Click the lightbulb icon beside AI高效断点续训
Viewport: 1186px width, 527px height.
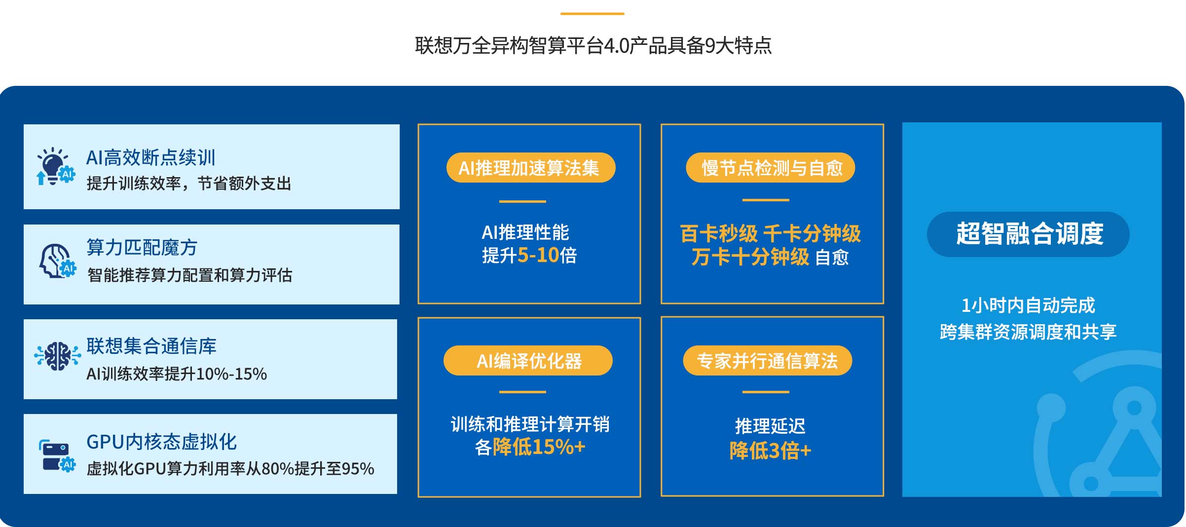click(56, 166)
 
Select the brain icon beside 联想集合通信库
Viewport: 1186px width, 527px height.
click(57, 356)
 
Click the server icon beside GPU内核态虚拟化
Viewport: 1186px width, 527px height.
click(57, 455)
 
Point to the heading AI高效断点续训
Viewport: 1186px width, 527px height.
click(151, 158)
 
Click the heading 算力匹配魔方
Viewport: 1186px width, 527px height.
click(142, 248)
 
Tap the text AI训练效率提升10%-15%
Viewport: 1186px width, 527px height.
click(177, 374)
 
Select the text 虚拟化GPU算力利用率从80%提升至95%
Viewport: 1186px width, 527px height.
click(230, 469)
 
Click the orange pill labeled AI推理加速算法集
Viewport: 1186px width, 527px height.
click(531, 168)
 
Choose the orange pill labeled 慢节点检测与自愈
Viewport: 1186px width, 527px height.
click(770, 168)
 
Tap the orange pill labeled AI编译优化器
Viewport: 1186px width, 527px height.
click(528, 361)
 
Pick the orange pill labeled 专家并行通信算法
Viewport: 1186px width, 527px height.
click(767, 361)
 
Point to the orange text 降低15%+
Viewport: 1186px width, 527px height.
click(539, 447)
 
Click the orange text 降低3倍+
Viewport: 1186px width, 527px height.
click(770, 451)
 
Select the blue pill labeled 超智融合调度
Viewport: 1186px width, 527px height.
click(1028, 234)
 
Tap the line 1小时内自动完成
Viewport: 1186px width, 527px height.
click(1028, 306)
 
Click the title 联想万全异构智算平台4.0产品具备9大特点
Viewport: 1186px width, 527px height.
click(593, 46)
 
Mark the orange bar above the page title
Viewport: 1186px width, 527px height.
click(593, 14)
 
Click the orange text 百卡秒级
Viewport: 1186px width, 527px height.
click(718, 234)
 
